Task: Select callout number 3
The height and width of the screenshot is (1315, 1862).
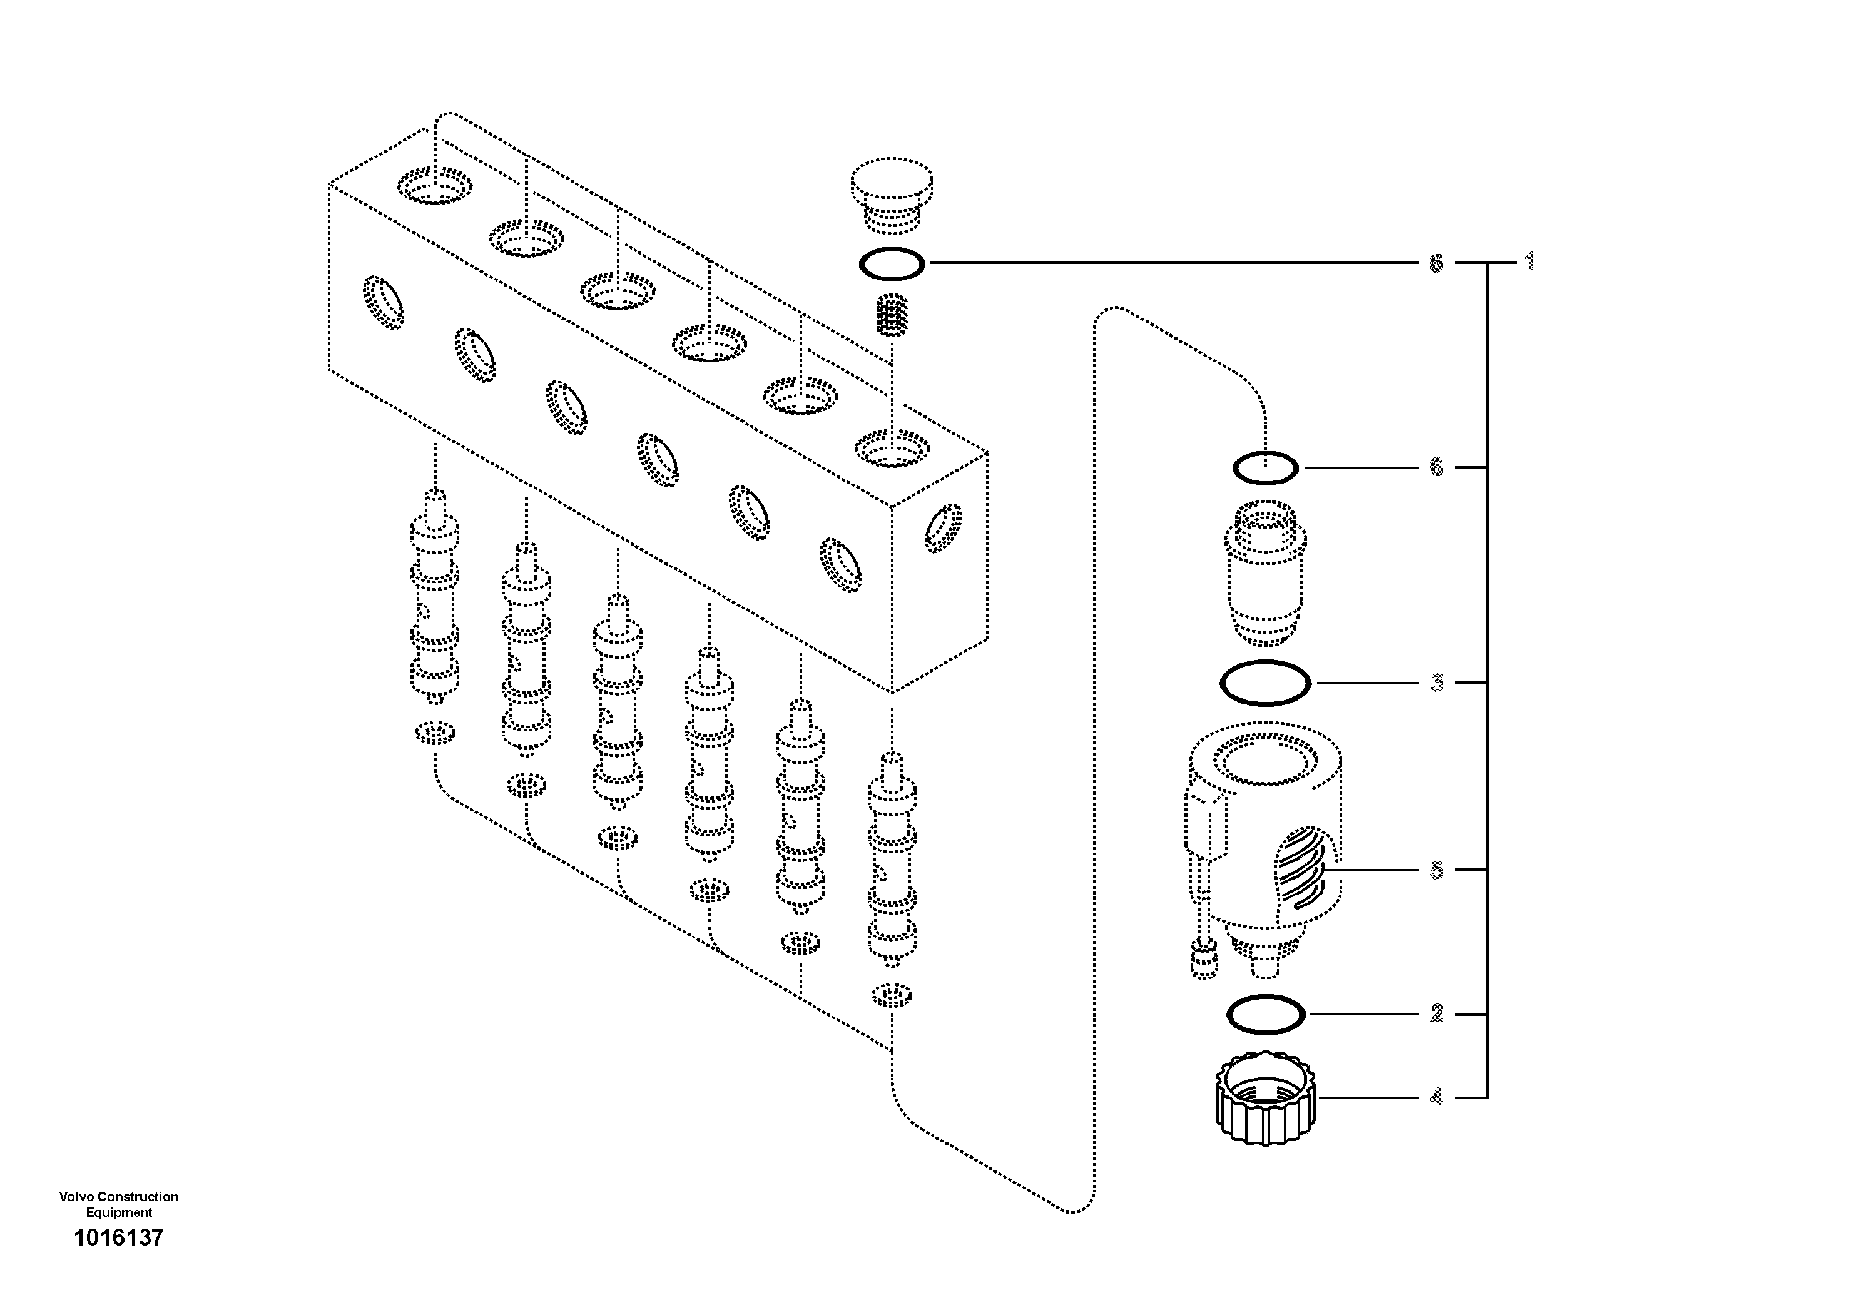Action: point(1437,683)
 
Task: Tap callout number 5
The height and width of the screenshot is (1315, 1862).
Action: point(1437,870)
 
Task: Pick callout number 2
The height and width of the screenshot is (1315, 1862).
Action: point(1437,1013)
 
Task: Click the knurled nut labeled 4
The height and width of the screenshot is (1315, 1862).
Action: point(1265,1099)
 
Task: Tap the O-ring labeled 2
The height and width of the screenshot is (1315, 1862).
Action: point(1265,1014)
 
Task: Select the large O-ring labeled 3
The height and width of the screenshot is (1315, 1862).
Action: point(1265,683)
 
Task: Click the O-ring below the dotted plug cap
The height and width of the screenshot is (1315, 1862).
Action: point(891,263)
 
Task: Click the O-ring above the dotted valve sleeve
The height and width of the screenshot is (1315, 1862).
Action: point(1265,468)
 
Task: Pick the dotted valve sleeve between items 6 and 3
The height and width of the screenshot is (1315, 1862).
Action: point(1265,572)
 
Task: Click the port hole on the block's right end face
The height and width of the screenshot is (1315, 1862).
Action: point(944,528)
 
